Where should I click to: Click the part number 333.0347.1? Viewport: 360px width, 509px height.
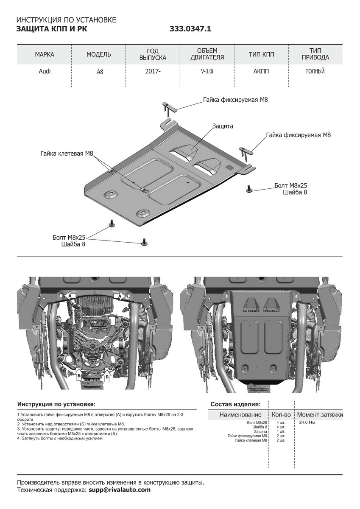click(x=190, y=29)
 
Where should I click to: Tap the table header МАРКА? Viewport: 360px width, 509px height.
click(x=45, y=55)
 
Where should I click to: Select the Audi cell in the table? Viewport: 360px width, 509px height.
click(x=45, y=71)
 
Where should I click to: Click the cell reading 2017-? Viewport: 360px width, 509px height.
click(x=153, y=71)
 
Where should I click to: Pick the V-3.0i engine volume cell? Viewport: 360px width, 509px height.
click(x=207, y=71)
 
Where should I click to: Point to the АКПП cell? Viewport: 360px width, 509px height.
click(x=261, y=71)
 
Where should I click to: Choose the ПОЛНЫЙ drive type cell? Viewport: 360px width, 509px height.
click(x=315, y=71)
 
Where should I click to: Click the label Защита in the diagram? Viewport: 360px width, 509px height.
click(x=223, y=126)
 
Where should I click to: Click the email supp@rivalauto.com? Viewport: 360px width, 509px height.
click(x=119, y=490)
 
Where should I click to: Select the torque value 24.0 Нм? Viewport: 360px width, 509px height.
click(x=307, y=422)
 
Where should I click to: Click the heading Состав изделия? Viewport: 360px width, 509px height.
click(x=235, y=404)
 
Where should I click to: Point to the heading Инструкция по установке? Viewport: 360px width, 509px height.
click(x=56, y=404)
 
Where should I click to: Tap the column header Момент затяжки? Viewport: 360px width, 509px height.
click(x=320, y=414)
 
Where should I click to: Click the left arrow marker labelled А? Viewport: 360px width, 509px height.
click(x=71, y=295)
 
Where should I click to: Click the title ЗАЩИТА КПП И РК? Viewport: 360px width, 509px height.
click(x=53, y=29)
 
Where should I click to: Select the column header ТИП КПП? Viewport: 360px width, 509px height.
click(x=261, y=55)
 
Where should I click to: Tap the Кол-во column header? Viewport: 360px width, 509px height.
click(x=282, y=414)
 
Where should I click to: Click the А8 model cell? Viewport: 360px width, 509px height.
click(x=99, y=72)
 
